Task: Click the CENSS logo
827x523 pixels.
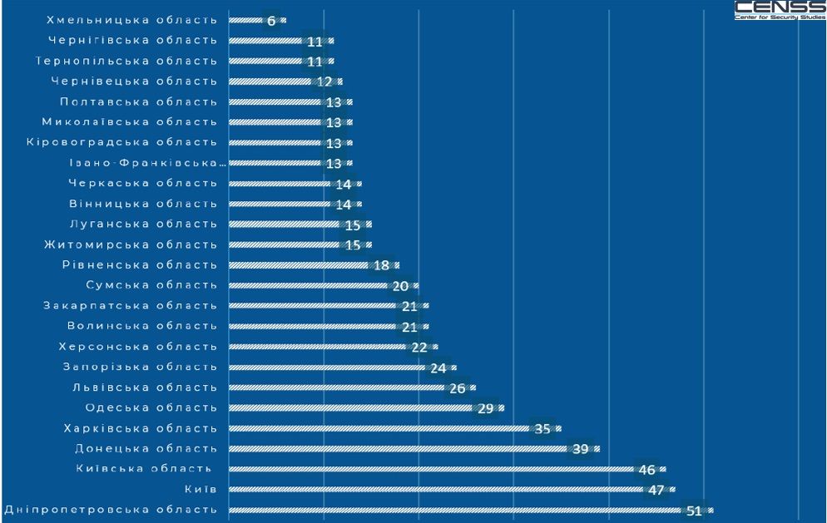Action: pos(780,10)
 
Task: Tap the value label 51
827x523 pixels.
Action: pos(695,511)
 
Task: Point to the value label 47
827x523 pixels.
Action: pos(656,490)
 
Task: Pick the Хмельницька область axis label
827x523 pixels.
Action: pos(132,20)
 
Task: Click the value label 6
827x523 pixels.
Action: pos(271,21)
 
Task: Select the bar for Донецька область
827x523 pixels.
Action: pos(399,449)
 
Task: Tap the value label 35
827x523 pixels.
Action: pos(542,429)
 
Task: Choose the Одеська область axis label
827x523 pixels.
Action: pos(151,408)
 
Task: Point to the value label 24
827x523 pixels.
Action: pos(438,368)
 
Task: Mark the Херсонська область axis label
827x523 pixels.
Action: pos(138,347)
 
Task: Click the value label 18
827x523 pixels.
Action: pos(381,265)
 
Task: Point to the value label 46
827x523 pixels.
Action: pos(647,470)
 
